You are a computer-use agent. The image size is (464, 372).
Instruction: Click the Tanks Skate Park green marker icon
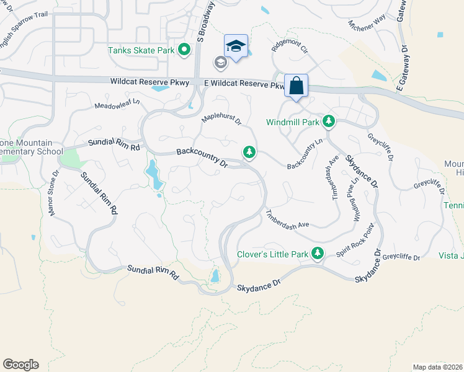tap(184, 50)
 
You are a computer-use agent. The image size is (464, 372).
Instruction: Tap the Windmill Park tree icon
tap(330, 122)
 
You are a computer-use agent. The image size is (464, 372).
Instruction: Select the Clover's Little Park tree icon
tap(318, 253)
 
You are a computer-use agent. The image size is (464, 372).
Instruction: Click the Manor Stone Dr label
tap(54, 193)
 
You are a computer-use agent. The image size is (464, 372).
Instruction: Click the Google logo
tap(20, 365)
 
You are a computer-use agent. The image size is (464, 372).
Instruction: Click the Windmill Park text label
tap(293, 122)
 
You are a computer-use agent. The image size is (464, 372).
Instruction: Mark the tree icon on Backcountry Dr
tap(249, 151)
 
